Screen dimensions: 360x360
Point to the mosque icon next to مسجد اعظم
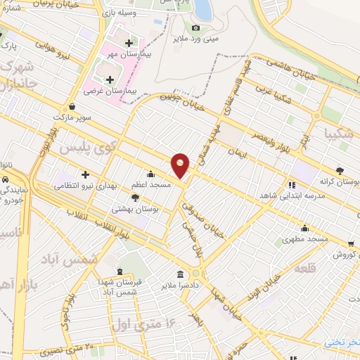click(x=150, y=174)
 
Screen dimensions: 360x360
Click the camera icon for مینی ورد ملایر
click(x=195, y=28)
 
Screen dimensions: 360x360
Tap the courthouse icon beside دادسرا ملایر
click(x=181, y=274)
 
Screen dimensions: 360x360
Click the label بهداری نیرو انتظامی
click(x=89, y=186)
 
